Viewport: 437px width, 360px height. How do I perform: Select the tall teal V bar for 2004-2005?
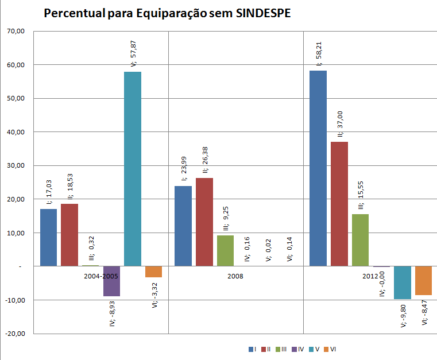tap(133, 169)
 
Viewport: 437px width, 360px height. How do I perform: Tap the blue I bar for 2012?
tap(318, 168)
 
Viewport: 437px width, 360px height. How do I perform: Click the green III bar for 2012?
tap(360, 240)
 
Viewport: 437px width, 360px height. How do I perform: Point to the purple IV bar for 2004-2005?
tap(111, 281)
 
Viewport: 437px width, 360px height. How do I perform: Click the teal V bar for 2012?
tap(403, 282)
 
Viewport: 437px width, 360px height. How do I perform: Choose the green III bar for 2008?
tap(225, 251)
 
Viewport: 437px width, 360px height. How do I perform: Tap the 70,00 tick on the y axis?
tap(16, 32)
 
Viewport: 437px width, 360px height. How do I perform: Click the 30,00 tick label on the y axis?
tap(16, 166)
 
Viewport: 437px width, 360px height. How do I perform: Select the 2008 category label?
tap(235, 276)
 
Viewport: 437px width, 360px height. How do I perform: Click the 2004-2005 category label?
tap(101, 276)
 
